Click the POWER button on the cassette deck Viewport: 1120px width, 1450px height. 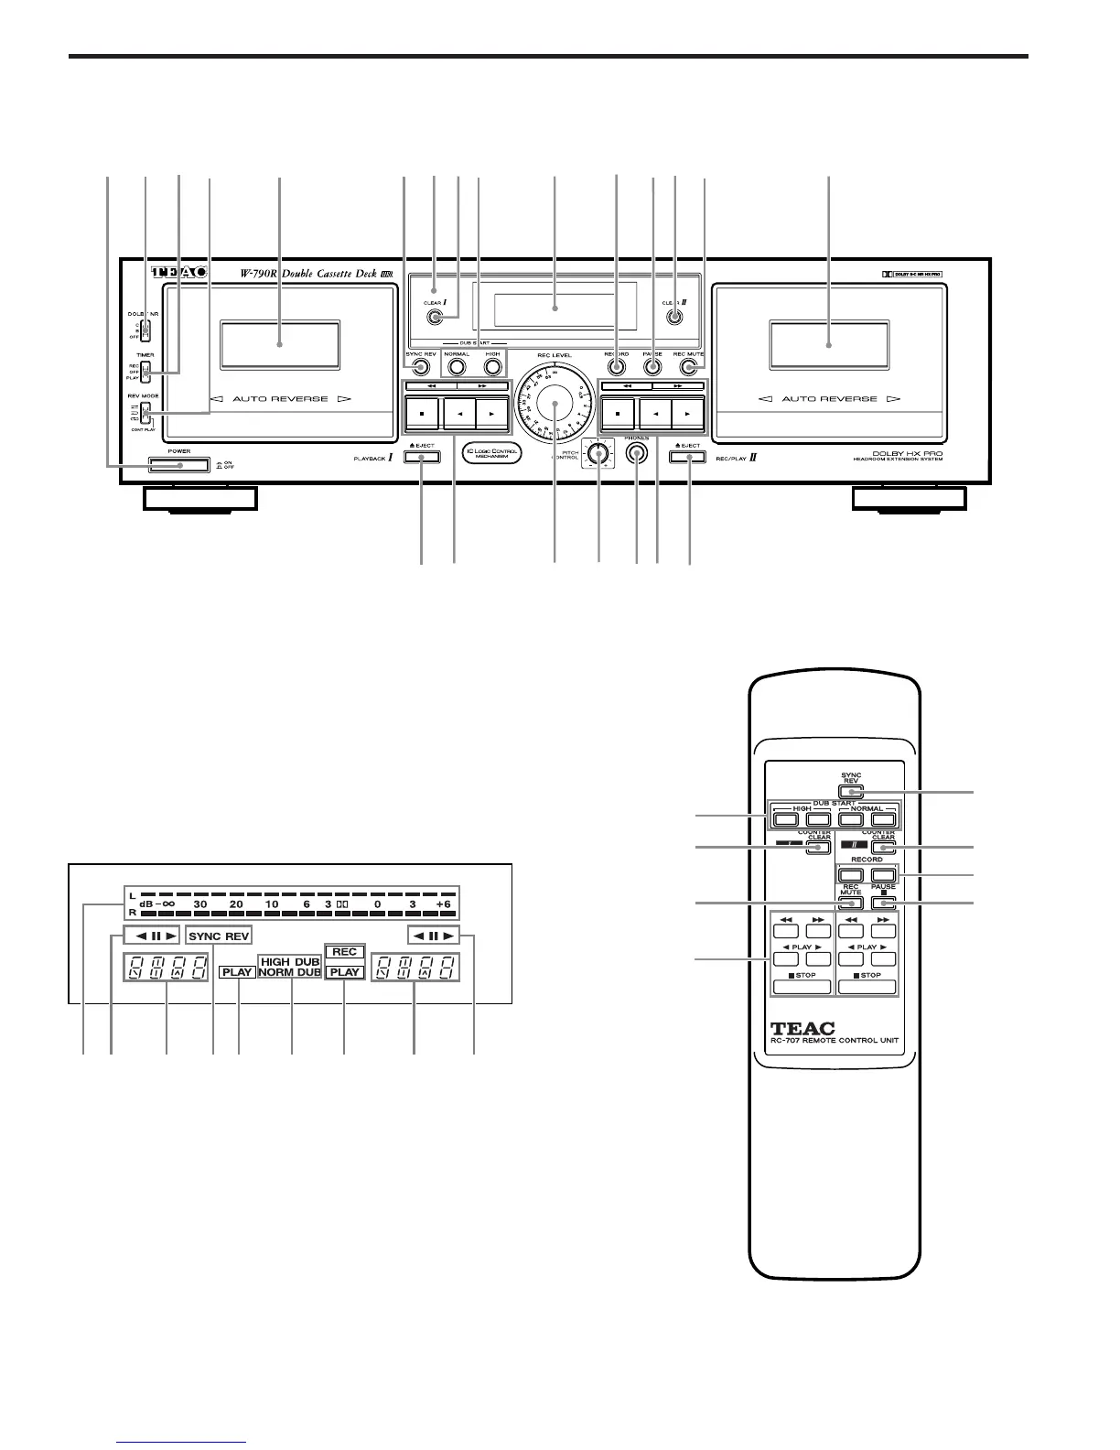pos(179,467)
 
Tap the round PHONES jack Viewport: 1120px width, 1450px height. pos(636,453)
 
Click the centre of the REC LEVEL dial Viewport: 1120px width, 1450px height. pos(555,403)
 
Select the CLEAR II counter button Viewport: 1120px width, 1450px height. pos(674,318)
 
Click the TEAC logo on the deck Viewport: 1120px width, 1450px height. pos(178,273)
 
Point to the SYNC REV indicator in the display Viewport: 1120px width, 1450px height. pos(219,936)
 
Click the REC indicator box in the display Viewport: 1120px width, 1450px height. pos(345,952)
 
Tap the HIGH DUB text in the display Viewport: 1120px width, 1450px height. pos(290,962)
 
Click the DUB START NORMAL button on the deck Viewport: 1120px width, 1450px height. pos(457,368)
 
